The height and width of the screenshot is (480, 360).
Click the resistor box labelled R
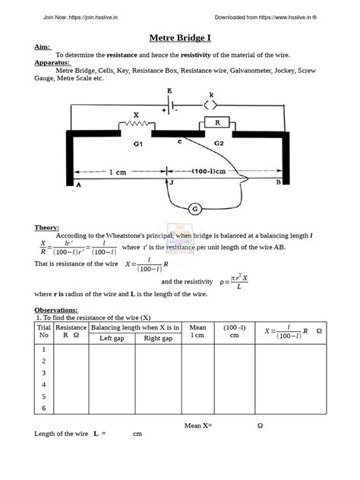coord(217,122)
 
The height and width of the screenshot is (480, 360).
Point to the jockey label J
coord(172,183)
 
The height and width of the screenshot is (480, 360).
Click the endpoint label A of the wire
coord(78,184)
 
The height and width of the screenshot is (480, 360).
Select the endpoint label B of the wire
coord(278,183)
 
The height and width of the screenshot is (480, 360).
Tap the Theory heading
coord(47,227)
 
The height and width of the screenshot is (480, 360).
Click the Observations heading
coord(56,310)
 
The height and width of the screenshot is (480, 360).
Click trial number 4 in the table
coord(43,384)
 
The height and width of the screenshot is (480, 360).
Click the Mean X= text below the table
coord(198,425)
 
